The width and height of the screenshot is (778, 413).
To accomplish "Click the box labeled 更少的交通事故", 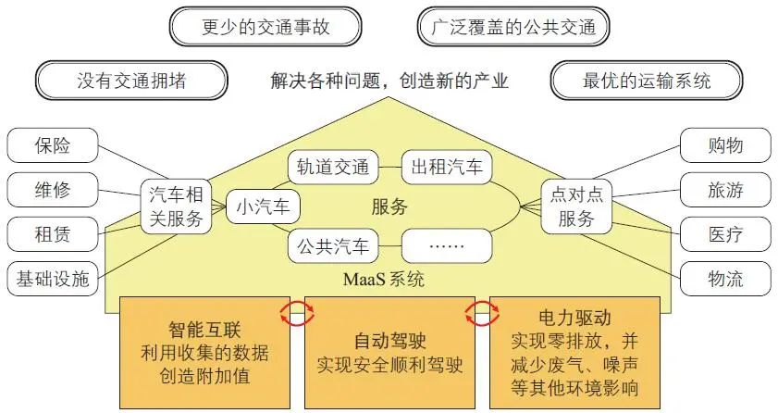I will point(265,27).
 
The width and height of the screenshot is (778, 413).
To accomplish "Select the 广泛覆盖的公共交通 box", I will point(513,27).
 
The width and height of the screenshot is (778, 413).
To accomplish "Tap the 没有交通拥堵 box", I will point(131,80).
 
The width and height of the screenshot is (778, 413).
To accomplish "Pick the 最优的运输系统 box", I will point(647,80).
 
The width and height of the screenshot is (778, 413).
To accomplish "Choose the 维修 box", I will point(52,190).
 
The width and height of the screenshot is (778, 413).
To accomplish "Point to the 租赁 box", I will point(52,232).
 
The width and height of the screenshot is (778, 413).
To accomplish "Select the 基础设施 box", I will point(52,277).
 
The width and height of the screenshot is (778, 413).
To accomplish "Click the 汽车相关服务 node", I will point(175,206).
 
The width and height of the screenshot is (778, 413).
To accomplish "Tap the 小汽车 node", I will point(265,206).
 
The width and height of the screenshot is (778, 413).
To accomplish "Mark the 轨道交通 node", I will point(333,168).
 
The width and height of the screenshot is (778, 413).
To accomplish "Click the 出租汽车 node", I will point(447,168).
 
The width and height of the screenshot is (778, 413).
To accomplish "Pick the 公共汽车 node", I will point(333,246).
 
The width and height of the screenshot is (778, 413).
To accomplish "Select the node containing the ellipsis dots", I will point(447,246).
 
